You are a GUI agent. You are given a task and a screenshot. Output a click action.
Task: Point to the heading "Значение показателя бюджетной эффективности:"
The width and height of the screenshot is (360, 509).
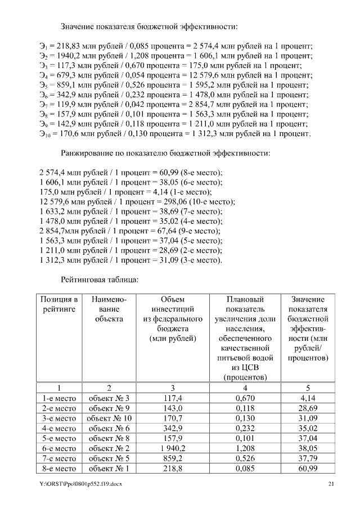(149, 26)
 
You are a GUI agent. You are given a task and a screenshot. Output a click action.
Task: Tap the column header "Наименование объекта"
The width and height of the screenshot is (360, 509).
(109, 309)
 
